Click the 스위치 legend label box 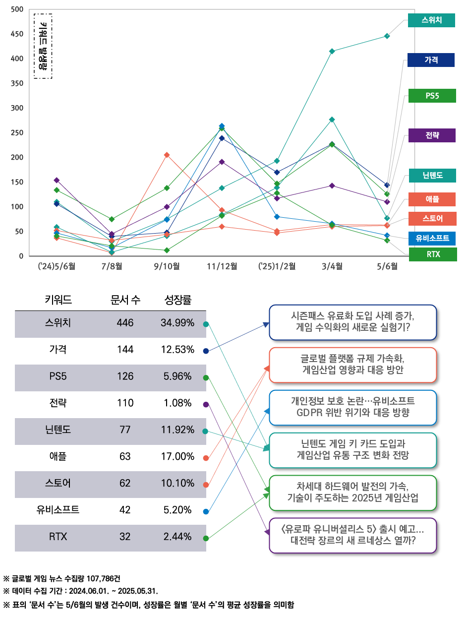coord(431,20)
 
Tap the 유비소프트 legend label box coord(431,239)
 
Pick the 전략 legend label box coord(431,135)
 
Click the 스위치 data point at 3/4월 coord(332,51)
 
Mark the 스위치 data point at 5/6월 coord(387,36)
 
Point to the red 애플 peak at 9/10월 coord(167,155)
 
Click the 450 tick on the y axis coord(16,34)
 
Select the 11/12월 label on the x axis coord(222,266)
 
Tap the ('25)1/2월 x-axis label coord(277,266)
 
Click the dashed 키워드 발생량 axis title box coord(43,46)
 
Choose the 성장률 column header coord(177,300)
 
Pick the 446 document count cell coord(125,323)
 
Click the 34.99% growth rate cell coord(177,323)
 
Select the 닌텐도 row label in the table coord(58,430)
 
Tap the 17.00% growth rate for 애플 coord(177,456)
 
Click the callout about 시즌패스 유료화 coord(353,322)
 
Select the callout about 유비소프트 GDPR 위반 coord(353,407)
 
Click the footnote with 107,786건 coord(61,579)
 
